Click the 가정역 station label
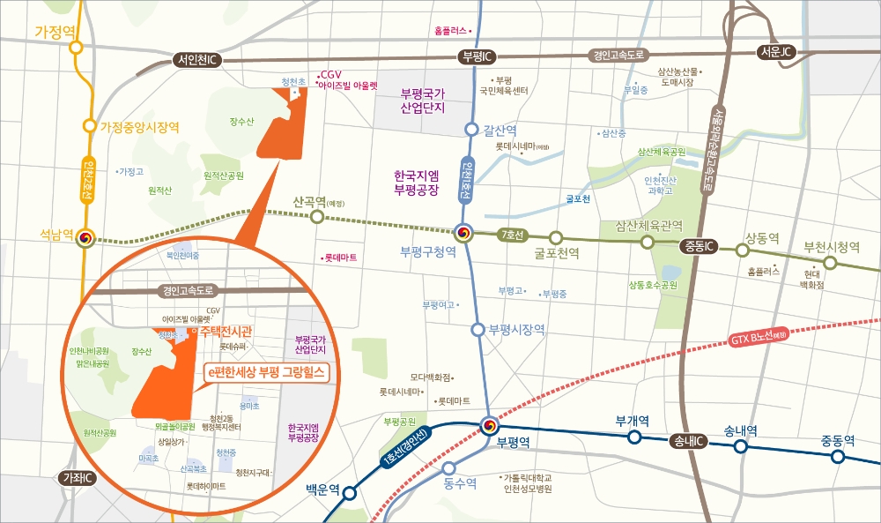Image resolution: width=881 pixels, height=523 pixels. pos(56,32)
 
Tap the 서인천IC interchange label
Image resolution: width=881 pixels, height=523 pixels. pos(197,60)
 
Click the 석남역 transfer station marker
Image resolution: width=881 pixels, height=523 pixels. pos(85,239)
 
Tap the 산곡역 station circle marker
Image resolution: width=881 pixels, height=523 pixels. pos(317,219)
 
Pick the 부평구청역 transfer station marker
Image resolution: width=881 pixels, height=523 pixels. pos(464,234)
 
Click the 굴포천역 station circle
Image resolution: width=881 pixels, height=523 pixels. pos(556,237)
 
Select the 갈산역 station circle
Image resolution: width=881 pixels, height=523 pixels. pos(471,130)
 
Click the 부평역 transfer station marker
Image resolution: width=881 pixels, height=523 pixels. pos(489,426)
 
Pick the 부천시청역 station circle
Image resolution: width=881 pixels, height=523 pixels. pos(829,263)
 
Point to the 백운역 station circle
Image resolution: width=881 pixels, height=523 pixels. pos(349,493)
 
